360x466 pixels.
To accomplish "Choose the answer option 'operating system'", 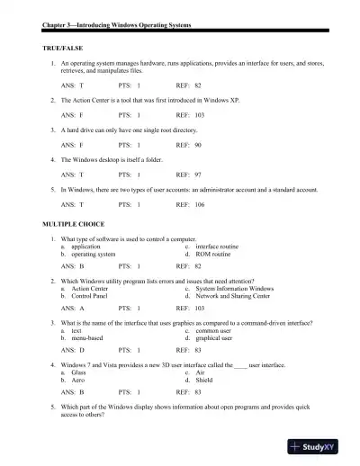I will click(93, 254).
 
